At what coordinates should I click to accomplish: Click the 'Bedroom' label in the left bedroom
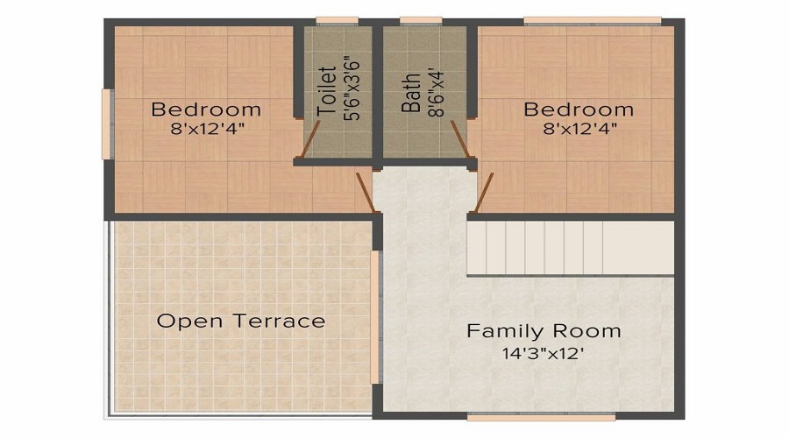point(206,109)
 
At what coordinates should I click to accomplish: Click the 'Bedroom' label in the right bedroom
point(579,109)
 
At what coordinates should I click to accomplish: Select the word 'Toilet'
point(327,92)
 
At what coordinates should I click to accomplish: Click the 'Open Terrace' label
point(241,321)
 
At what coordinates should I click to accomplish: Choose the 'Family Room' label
point(544,331)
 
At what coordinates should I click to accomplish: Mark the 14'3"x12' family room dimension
point(544,354)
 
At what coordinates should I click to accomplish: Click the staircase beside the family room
point(570,248)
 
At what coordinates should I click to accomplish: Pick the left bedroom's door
point(366,193)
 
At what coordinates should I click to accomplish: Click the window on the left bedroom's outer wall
point(106,124)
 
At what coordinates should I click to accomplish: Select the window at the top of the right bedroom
point(592,20)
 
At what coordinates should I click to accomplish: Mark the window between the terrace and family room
point(377,317)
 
